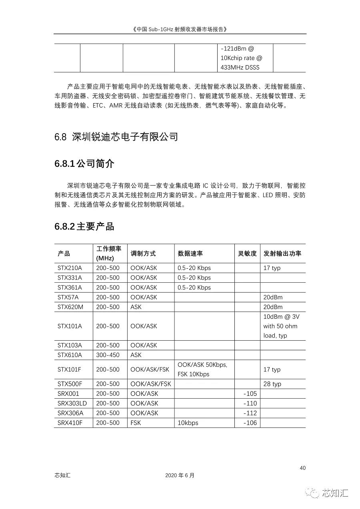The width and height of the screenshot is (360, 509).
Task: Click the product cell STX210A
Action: click(70, 268)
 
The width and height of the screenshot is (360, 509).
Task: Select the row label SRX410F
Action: click(70, 423)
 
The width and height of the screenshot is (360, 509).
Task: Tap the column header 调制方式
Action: click(143, 254)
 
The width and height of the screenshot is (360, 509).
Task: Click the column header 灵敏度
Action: click(247, 254)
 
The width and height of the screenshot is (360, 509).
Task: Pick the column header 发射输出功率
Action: click(282, 254)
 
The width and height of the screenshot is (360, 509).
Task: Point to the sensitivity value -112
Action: click(250, 413)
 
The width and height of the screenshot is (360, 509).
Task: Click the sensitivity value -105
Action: click(250, 393)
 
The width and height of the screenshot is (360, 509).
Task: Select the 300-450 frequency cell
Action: click(108, 355)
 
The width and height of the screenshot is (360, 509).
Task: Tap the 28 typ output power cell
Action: click(272, 384)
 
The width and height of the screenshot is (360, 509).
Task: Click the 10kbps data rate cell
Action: click(188, 423)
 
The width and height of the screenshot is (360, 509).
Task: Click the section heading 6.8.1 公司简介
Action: click(84, 164)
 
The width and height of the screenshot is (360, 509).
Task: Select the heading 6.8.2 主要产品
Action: click(84, 226)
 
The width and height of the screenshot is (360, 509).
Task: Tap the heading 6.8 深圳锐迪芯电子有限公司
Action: click(116, 137)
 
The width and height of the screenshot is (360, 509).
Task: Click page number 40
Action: click(302, 468)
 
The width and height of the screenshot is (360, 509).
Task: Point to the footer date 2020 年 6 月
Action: click(180, 475)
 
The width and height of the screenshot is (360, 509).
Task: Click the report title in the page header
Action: click(180, 29)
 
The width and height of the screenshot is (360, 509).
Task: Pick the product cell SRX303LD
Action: click(72, 403)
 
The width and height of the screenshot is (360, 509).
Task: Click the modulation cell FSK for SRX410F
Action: click(136, 423)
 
